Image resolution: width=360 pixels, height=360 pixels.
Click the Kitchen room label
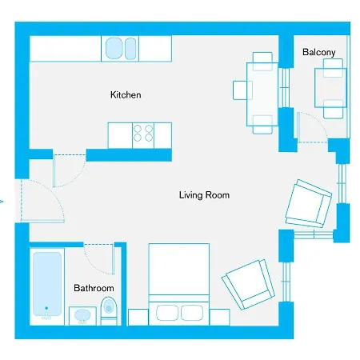pyautogui.click(x=126, y=94)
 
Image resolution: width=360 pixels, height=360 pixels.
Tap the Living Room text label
pyautogui.click(x=204, y=195)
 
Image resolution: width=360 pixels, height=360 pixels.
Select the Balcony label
pyautogui.click(x=319, y=52)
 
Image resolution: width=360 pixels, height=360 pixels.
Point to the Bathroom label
pyautogui.click(x=94, y=288)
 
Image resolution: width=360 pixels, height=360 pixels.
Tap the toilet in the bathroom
pyautogui.click(x=109, y=311)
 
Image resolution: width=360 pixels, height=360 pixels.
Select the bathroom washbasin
pyautogui.click(x=82, y=316)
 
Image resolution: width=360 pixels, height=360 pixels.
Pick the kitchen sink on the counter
pyautogui.click(x=120, y=49)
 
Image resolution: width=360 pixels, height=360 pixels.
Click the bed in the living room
pyautogui.click(x=179, y=284)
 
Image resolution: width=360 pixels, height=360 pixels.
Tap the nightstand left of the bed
pyautogui.click(x=138, y=318)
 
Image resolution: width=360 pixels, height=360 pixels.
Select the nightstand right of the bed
pyautogui.click(x=220, y=318)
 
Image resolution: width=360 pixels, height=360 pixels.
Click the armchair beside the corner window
pyautogui.click(x=309, y=203)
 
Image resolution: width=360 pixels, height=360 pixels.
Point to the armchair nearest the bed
pyautogui.click(x=248, y=285)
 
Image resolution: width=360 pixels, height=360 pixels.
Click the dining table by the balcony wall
pyautogui.click(x=262, y=94)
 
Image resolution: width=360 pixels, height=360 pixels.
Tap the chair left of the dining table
pyautogui.click(x=242, y=90)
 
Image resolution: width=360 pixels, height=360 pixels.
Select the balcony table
pyautogui.click(x=330, y=88)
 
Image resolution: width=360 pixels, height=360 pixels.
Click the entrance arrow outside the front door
pyautogui.click(x=2, y=201)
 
